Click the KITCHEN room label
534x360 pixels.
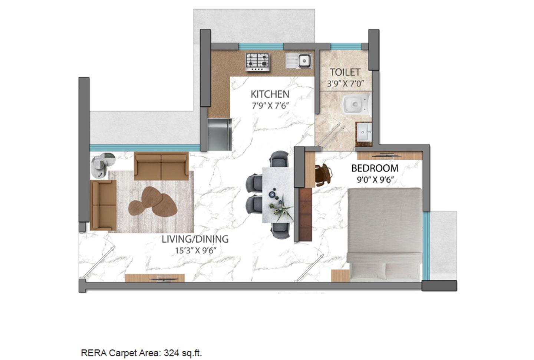click(x=270, y=94)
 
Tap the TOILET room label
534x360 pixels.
click(x=345, y=72)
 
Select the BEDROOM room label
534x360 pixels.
click(x=375, y=168)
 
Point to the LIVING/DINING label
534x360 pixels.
click(x=195, y=239)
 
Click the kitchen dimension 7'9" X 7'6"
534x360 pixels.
click(x=270, y=106)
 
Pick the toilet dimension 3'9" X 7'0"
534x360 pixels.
click(x=345, y=84)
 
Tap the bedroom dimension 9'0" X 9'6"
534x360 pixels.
click(x=375, y=180)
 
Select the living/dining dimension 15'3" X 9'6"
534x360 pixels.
click(x=195, y=251)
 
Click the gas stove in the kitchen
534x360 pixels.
click(x=258, y=62)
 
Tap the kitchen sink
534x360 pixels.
click(x=299, y=60)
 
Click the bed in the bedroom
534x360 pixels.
click(x=384, y=234)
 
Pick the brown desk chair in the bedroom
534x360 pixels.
click(x=323, y=174)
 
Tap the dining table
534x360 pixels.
click(x=277, y=195)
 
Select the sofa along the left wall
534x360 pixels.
click(x=103, y=205)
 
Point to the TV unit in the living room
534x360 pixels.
click(x=155, y=278)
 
